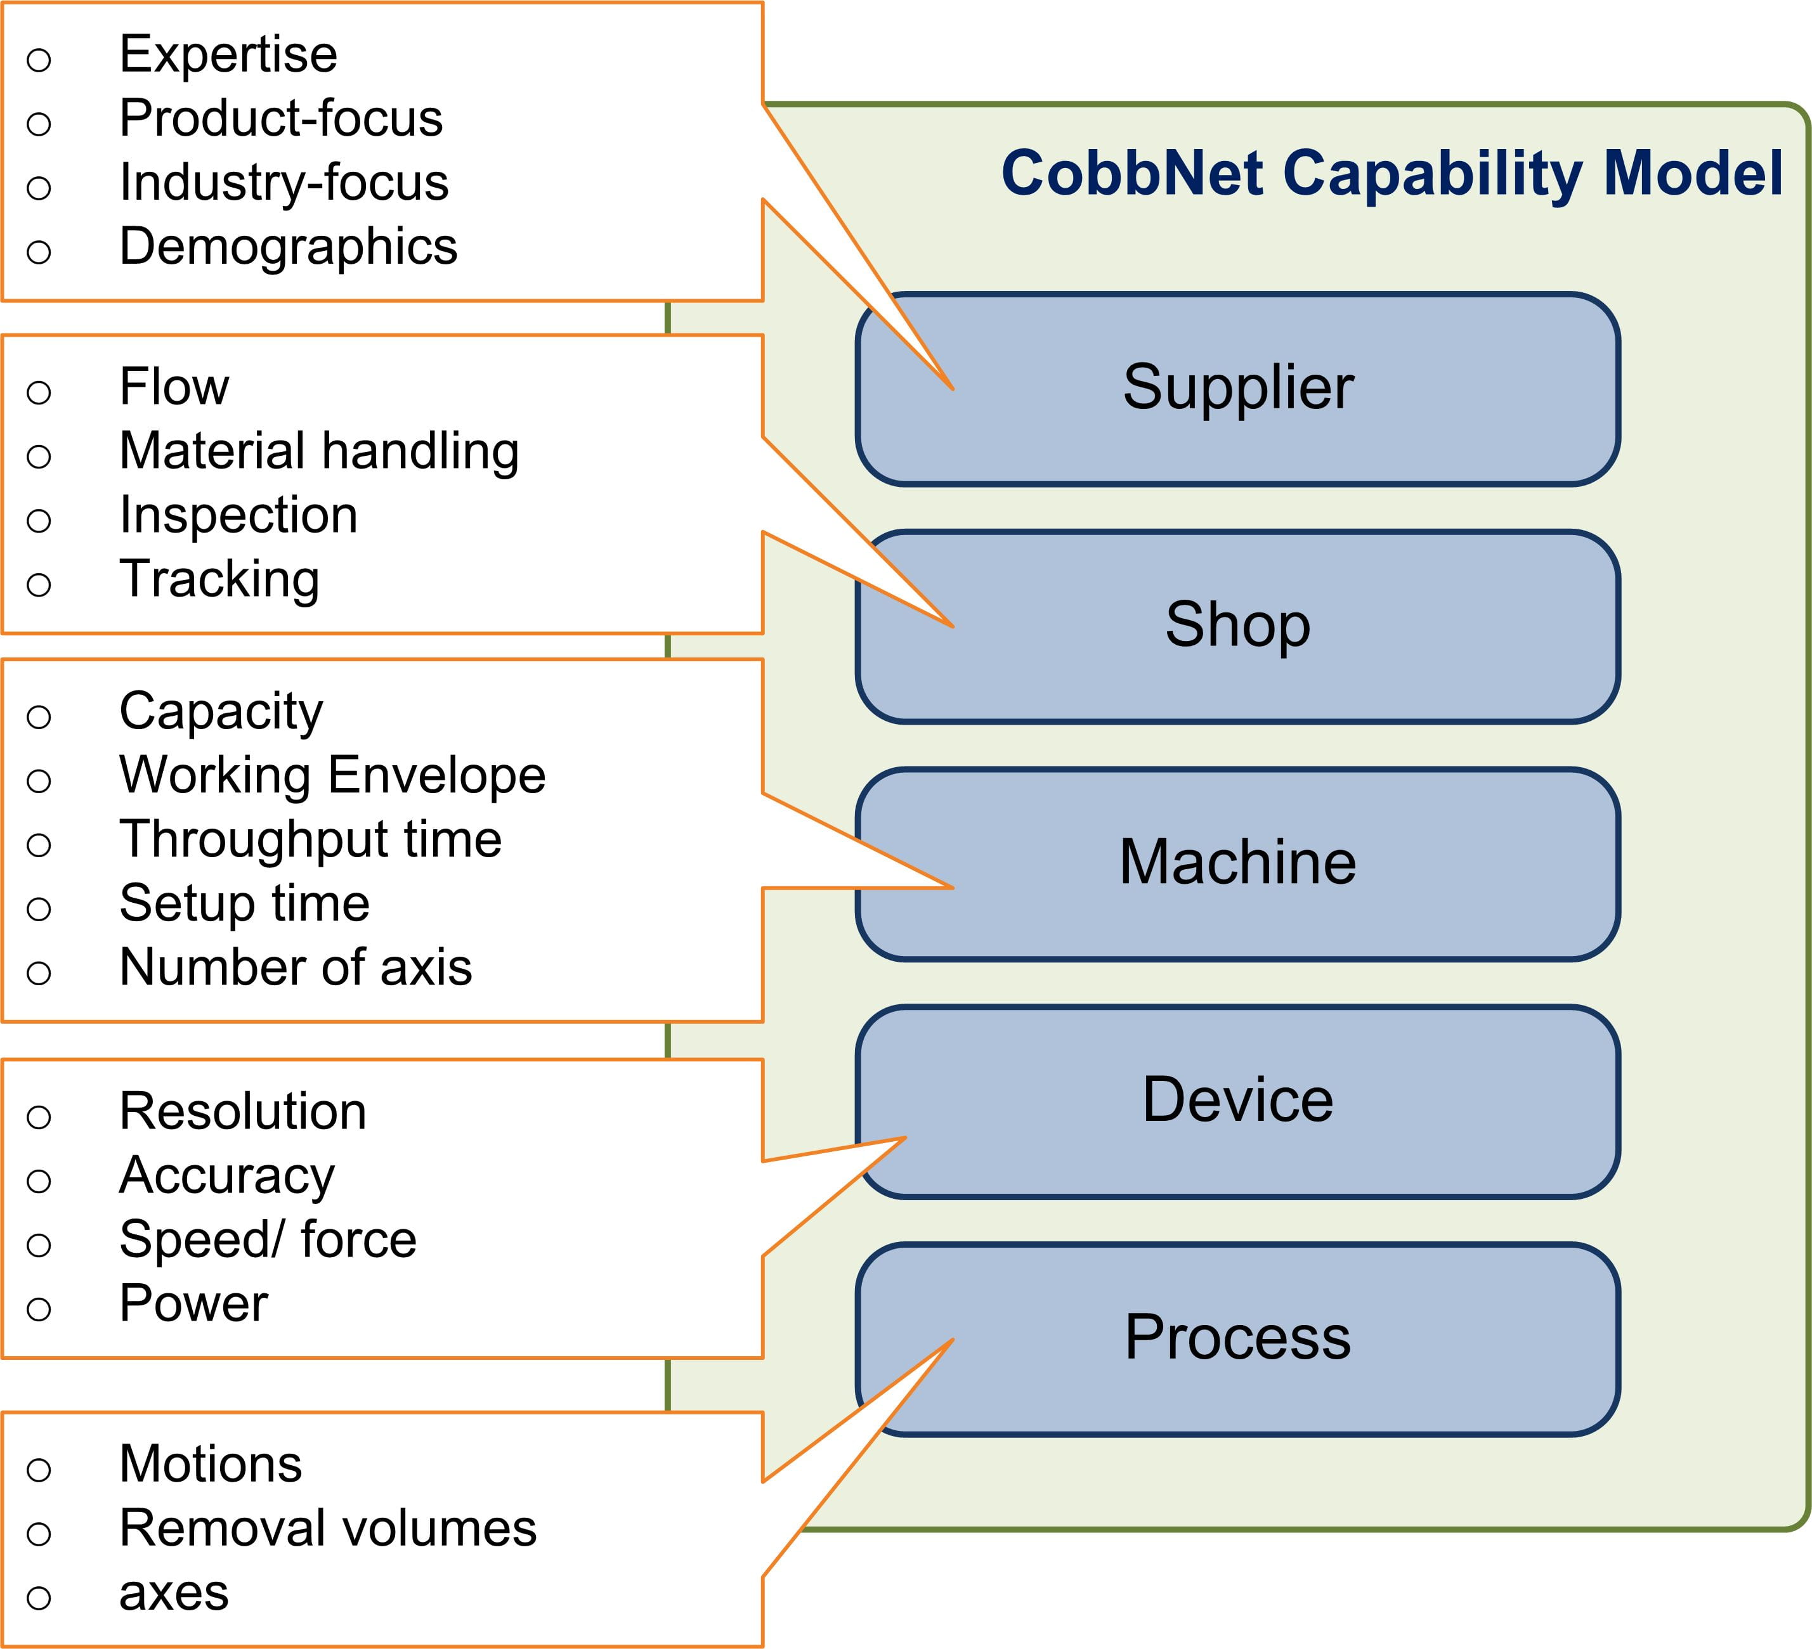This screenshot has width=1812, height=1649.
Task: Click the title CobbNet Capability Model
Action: pyautogui.click(x=1392, y=174)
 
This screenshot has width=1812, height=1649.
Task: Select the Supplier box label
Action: pyautogui.click(x=1237, y=387)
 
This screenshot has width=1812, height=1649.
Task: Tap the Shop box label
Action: pyautogui.click(x=1237, y=624)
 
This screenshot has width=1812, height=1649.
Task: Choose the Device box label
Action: pyautogui.click(x=1237, y=1099)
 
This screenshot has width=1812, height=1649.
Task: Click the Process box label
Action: pyautogui.click(x=1237, y=1337)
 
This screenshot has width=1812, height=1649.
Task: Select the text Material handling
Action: pyautogui.click(x=319, y=451)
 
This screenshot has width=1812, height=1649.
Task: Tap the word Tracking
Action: pyautogui.click(x=219, y=579)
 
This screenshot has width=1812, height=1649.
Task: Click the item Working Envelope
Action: pyautogui.click(x=332, y=775)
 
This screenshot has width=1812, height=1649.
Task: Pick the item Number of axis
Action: pyautogui.click(x=295, y=968)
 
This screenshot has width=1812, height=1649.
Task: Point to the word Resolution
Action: pyautogui.click(x=243, y=1111)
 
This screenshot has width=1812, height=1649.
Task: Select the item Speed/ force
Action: pyautogui.click(x=268, y=1240)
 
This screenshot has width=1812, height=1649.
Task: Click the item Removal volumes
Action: pyautogui.click(x=327, y=1529)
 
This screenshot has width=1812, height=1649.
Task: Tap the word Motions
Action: pyautogui.click(x=211, y=1465)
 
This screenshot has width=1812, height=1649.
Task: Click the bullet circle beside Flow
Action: pyautogui.click(x=39, y=392)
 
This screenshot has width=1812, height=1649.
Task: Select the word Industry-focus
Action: pyautogui.click(x=283, y=183)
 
